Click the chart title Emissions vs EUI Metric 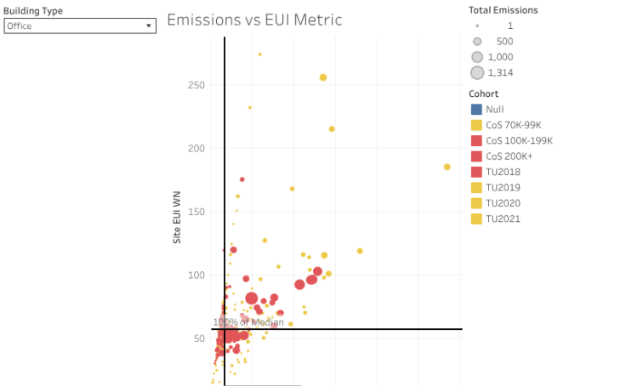pyautogui.click(x=254, y=20)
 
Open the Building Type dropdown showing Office pyautogui.click(x=80, y=26)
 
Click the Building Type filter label pyautogui.click(x=33, y=11)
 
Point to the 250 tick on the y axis pyautogui.click(x=196, y=85)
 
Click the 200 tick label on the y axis pyautogui.click(x=196, y=148)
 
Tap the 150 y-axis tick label pyautogui.click(x=196, y=212)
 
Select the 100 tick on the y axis pyautogui.click(x=196, y=275)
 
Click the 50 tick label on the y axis pyautogui.click(x=198, y=338)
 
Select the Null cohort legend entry pyautogui.click(x=495, y=110)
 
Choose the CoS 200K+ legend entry pyautogui.click(x=509, y=156)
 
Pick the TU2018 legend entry pyautogui.click(x=503, y=172)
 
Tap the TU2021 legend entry pyautogui.click(x=503, y=219)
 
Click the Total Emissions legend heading pyautogui.click(x=504, y=10)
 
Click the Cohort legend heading pyautogui.click(x=484, y=94)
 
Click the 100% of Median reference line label pyautogui.click(x=248, y=322)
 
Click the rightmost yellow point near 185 pyautogui.click(x=447, y=167)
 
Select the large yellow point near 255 pyautogui.click(x=323, y=77)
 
